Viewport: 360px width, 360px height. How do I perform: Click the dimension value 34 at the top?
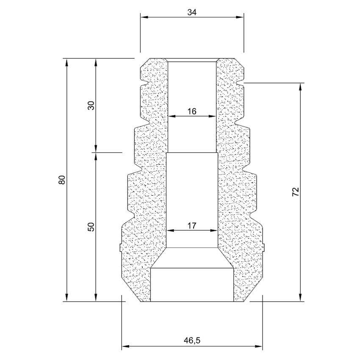coord(192,12)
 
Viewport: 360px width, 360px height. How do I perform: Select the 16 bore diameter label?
coord(192,111)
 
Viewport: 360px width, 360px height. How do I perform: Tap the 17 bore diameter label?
coord(192,226)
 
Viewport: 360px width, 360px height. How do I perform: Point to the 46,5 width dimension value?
coord(192,340)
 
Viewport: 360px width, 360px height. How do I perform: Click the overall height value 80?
coord(62,180)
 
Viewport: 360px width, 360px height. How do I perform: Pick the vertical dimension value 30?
coord(91,105)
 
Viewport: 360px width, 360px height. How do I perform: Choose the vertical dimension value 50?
coord(91,227)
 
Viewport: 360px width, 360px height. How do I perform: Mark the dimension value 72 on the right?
coord(296,192)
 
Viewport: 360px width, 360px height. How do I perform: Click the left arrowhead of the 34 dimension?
coord(144,17)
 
